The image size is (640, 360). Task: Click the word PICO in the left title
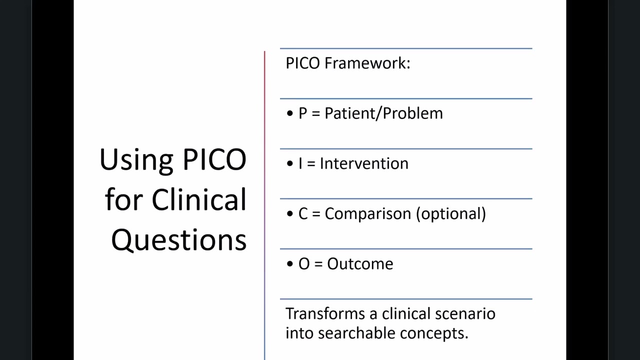click(214, 159)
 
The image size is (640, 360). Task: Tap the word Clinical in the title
click(199, 199)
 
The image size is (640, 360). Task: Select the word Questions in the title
click(178, 240)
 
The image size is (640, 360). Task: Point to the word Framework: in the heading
click(367, 63)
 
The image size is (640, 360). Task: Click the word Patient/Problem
click(383, 113)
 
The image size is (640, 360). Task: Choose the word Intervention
click(364, 163)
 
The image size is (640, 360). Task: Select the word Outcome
click(360, 264)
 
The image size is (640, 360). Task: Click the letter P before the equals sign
click(303, 113)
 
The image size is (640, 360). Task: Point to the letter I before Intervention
click(300, 163)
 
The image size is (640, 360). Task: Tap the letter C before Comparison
click(303, 214)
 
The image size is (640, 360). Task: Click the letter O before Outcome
click(304, 264)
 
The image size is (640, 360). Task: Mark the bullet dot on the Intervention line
click(290, 164)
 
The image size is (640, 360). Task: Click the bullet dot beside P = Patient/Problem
click(290, 114)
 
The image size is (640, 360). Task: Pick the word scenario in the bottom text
click(465, 313)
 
